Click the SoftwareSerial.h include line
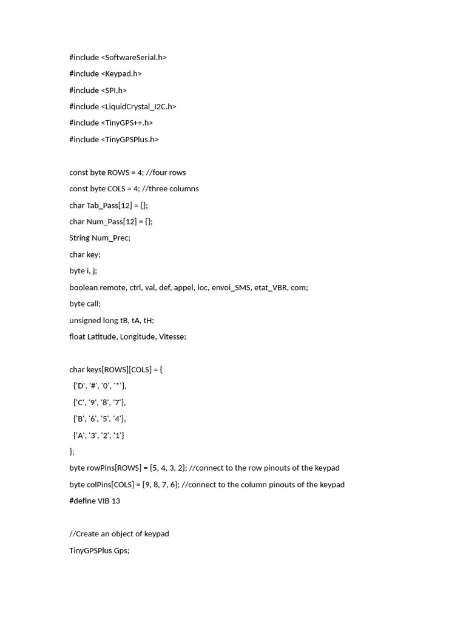click(x=118, y=57)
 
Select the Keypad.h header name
click(x=123, y=73)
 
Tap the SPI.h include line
click(x=98, y=90)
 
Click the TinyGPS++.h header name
click(x=129, y=123)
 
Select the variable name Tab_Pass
click(x=103, y=205)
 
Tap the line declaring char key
click(x=85, y=254)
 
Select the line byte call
click(x=85, y=303)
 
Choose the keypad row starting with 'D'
click(x=100, y=385)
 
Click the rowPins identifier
click(x=101, y=468)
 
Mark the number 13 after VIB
click(x=115, y=501)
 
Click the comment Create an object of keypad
click(x=119, y=533)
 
